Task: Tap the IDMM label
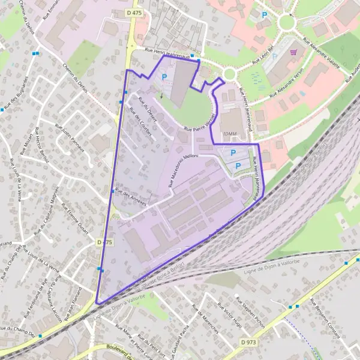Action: coord(230,134)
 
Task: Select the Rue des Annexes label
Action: coord(130,197)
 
